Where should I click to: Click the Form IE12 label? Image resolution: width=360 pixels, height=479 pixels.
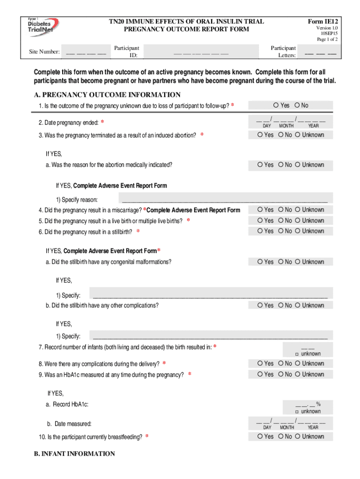[323, 22]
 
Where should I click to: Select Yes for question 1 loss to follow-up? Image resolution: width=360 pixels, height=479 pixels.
[276, 106]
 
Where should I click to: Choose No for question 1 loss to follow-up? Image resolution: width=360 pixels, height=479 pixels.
[297, 106]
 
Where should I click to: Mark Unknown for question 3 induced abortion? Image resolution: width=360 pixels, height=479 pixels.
[297, 135]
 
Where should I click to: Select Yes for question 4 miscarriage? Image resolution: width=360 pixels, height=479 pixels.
[260, 210]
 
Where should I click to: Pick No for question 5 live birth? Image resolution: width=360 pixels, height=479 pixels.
[281, 221]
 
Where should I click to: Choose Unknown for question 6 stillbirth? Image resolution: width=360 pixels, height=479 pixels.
[297, 231]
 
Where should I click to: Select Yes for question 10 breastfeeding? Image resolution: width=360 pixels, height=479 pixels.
[260, 437]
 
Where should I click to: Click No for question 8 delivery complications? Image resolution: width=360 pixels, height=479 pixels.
[281, 363]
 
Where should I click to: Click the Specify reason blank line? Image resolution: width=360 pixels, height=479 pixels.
[224, 200]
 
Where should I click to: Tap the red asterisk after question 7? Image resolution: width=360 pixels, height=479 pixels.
[215, 347]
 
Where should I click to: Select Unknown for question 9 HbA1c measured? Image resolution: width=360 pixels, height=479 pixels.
[297, 374]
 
